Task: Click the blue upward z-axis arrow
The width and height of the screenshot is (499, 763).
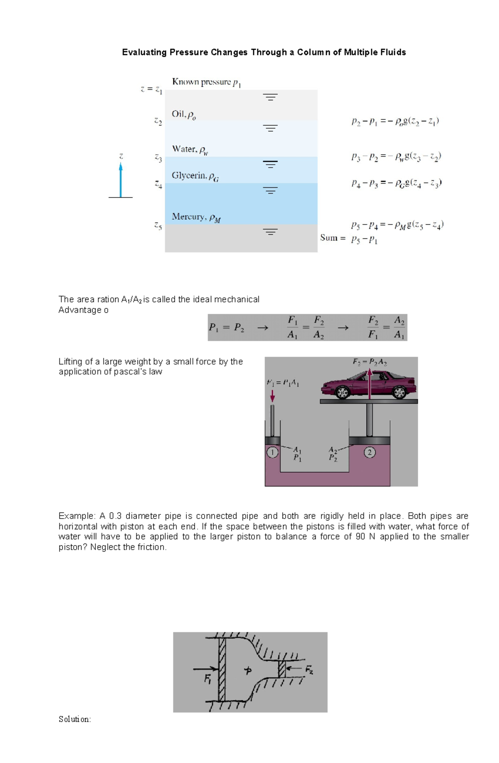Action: pos(121,180)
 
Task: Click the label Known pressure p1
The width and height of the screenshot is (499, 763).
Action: pos(206,82)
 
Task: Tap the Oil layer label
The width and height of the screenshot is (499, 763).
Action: pos(183,114)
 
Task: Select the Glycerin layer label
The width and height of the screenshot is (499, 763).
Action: pos(195,176)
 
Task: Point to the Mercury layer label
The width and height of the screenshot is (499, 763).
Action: pos(196,217)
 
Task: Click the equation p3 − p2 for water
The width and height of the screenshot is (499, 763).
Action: pos(396,157)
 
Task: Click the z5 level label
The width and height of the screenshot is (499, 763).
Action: pos(158,226)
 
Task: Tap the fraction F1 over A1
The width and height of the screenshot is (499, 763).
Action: pos(293,327)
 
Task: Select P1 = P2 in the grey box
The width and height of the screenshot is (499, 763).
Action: pos(226,328)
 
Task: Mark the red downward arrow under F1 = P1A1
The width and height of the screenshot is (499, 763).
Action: pos(272,395)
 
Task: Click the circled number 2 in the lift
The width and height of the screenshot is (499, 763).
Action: pos(369,452)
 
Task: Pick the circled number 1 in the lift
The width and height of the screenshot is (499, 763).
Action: pos(272,452)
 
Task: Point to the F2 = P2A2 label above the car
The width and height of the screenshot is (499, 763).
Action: pos(370,362)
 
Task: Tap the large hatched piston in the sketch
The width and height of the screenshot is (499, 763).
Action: pos(222,669)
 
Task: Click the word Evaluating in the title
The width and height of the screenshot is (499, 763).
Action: pos(144,52)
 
